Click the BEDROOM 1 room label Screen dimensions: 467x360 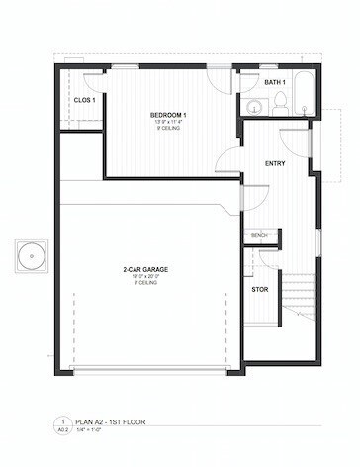[169, 115]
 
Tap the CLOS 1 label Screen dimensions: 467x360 [84, 100]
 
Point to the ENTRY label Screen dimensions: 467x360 [276, 162]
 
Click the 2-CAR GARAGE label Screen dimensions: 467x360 [144, 268]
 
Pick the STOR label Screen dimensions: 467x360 [259, 290]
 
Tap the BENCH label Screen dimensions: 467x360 [259, 235]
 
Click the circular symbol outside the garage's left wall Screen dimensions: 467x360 [33, 256]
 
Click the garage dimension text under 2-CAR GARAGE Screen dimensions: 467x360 [144, 276]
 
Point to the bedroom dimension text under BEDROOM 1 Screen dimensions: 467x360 [169, 123]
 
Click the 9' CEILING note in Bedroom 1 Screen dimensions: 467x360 [169, 130]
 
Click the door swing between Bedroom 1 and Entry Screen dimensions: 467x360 [226, 161]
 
